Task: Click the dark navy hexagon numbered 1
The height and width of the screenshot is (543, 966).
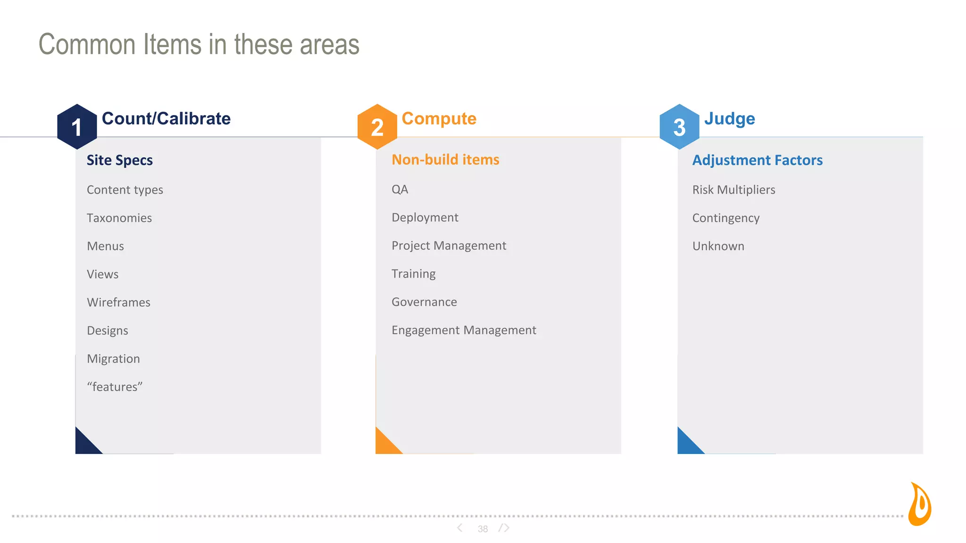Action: click(77, 127)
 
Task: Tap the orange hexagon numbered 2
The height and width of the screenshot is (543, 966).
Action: click(377, 127)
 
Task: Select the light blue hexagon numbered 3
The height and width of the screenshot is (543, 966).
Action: click(679, 127)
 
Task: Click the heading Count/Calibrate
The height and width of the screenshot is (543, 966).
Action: click(166, 118)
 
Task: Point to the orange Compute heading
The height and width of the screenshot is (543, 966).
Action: click(439, 118)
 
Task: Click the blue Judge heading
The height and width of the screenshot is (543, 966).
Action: click(729, 118)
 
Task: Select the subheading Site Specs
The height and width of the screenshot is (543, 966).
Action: click(120, 160)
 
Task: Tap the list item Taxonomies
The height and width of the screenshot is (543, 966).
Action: click(119, 218)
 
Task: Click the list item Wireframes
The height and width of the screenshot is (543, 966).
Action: click(118, 302)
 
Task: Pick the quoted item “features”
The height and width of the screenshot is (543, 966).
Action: click(115, 387)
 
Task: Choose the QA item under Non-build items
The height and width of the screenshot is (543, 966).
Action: click(400, 189)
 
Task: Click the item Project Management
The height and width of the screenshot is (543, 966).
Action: click(449, 246)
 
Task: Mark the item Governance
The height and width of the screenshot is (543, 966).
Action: click(424, 302)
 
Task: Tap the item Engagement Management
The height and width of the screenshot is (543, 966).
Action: click(464, 330)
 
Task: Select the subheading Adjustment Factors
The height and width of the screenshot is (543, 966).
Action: click(757, 160)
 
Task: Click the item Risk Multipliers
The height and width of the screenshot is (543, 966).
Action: click(733, 189)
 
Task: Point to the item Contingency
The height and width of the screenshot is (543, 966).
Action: click(725, 218)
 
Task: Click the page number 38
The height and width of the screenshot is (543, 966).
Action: click(483, 529)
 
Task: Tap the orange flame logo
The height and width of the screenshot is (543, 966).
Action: click(920, 504)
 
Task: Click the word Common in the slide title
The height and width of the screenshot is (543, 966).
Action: click(87, 44)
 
